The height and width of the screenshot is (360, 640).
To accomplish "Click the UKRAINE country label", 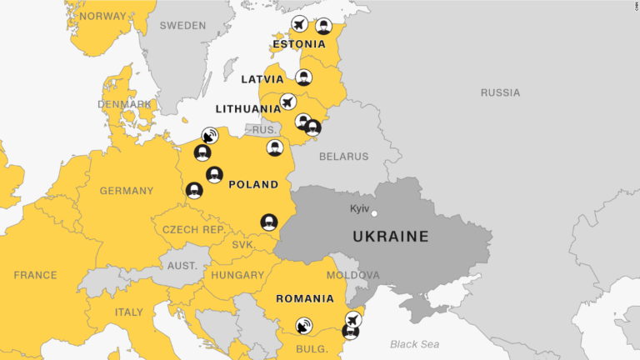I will [x=391, y=237].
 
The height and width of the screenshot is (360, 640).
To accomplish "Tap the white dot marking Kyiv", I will [x=374, y=213].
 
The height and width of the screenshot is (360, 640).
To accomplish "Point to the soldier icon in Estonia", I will [x=322, y=27].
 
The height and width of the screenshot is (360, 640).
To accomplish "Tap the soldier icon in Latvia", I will [x=304, y=77].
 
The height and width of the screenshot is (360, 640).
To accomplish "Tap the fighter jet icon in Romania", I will [x=353, y=318].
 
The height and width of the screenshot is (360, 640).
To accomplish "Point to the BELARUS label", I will [x=342, y=157].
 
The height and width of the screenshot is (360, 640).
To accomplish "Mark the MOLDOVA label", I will [x=352, y=275].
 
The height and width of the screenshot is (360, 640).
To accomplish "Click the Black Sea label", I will [x=414, y=344].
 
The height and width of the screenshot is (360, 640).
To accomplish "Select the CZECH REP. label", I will [x=193, y=229].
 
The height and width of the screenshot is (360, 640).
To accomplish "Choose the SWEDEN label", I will [x=182, y=26].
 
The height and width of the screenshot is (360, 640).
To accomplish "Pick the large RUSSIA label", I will [x=500, y=92].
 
